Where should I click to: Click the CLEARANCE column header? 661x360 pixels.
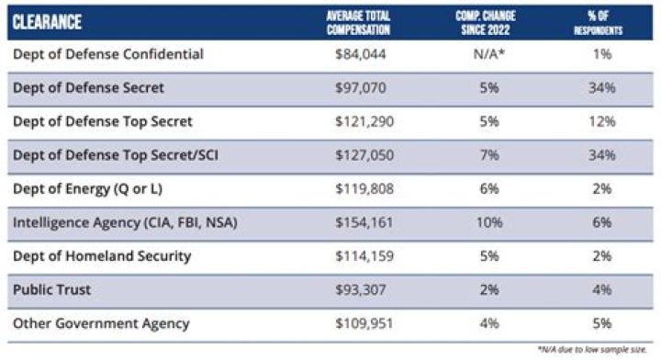(47, 22)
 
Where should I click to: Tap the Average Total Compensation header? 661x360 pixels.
(358, 23)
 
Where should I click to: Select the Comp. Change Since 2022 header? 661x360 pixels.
(486, 23)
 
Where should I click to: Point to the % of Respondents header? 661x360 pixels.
(599, 23)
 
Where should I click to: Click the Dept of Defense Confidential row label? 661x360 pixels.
(108, 54)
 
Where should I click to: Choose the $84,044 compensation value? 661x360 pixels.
(361, 54)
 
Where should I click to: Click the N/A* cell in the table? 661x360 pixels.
(489, 54)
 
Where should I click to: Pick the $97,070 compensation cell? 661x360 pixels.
(361, 87)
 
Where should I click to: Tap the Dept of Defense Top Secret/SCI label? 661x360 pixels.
(116, 155)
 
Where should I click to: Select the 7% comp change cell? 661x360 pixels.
(489, 155)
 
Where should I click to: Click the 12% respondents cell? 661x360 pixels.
(602, 121)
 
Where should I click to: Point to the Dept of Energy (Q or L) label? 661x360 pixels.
(88, 189)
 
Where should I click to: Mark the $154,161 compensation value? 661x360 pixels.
(364, 222)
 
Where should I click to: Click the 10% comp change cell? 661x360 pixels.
(489, 222)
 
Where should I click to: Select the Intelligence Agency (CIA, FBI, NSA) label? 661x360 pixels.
(125, 222)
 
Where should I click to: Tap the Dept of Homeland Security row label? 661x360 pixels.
(102, 256)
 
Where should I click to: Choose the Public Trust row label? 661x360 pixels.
(51, 289)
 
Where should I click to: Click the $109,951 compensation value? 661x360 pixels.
(364, 323)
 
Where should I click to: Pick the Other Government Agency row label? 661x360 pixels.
(101, 323)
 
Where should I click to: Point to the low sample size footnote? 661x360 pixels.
(592, 350)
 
